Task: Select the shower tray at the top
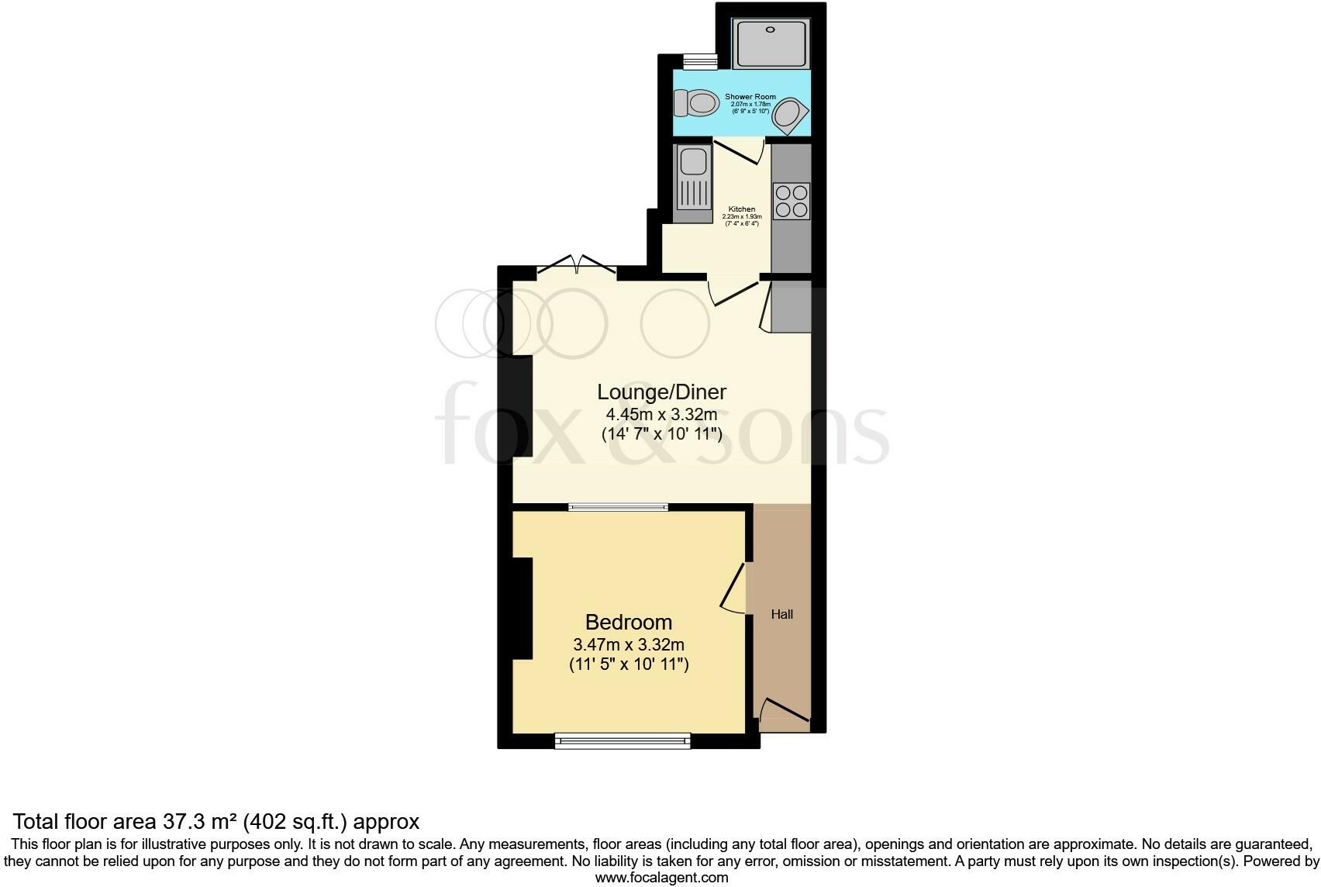[771, 43]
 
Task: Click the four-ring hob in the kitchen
[791, 201]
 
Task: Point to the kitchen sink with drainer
[692, 184]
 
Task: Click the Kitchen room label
[742, 209]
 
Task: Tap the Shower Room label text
[750, 97]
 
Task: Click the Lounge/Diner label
[661, 392]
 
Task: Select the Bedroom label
[628, 622]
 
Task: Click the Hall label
[781, 614]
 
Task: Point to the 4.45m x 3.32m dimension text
[661, 415]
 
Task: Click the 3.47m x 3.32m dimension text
[628, 644]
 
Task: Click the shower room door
[739, 151]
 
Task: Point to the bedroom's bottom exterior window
[623, 742]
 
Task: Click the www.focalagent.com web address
[661, 878]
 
